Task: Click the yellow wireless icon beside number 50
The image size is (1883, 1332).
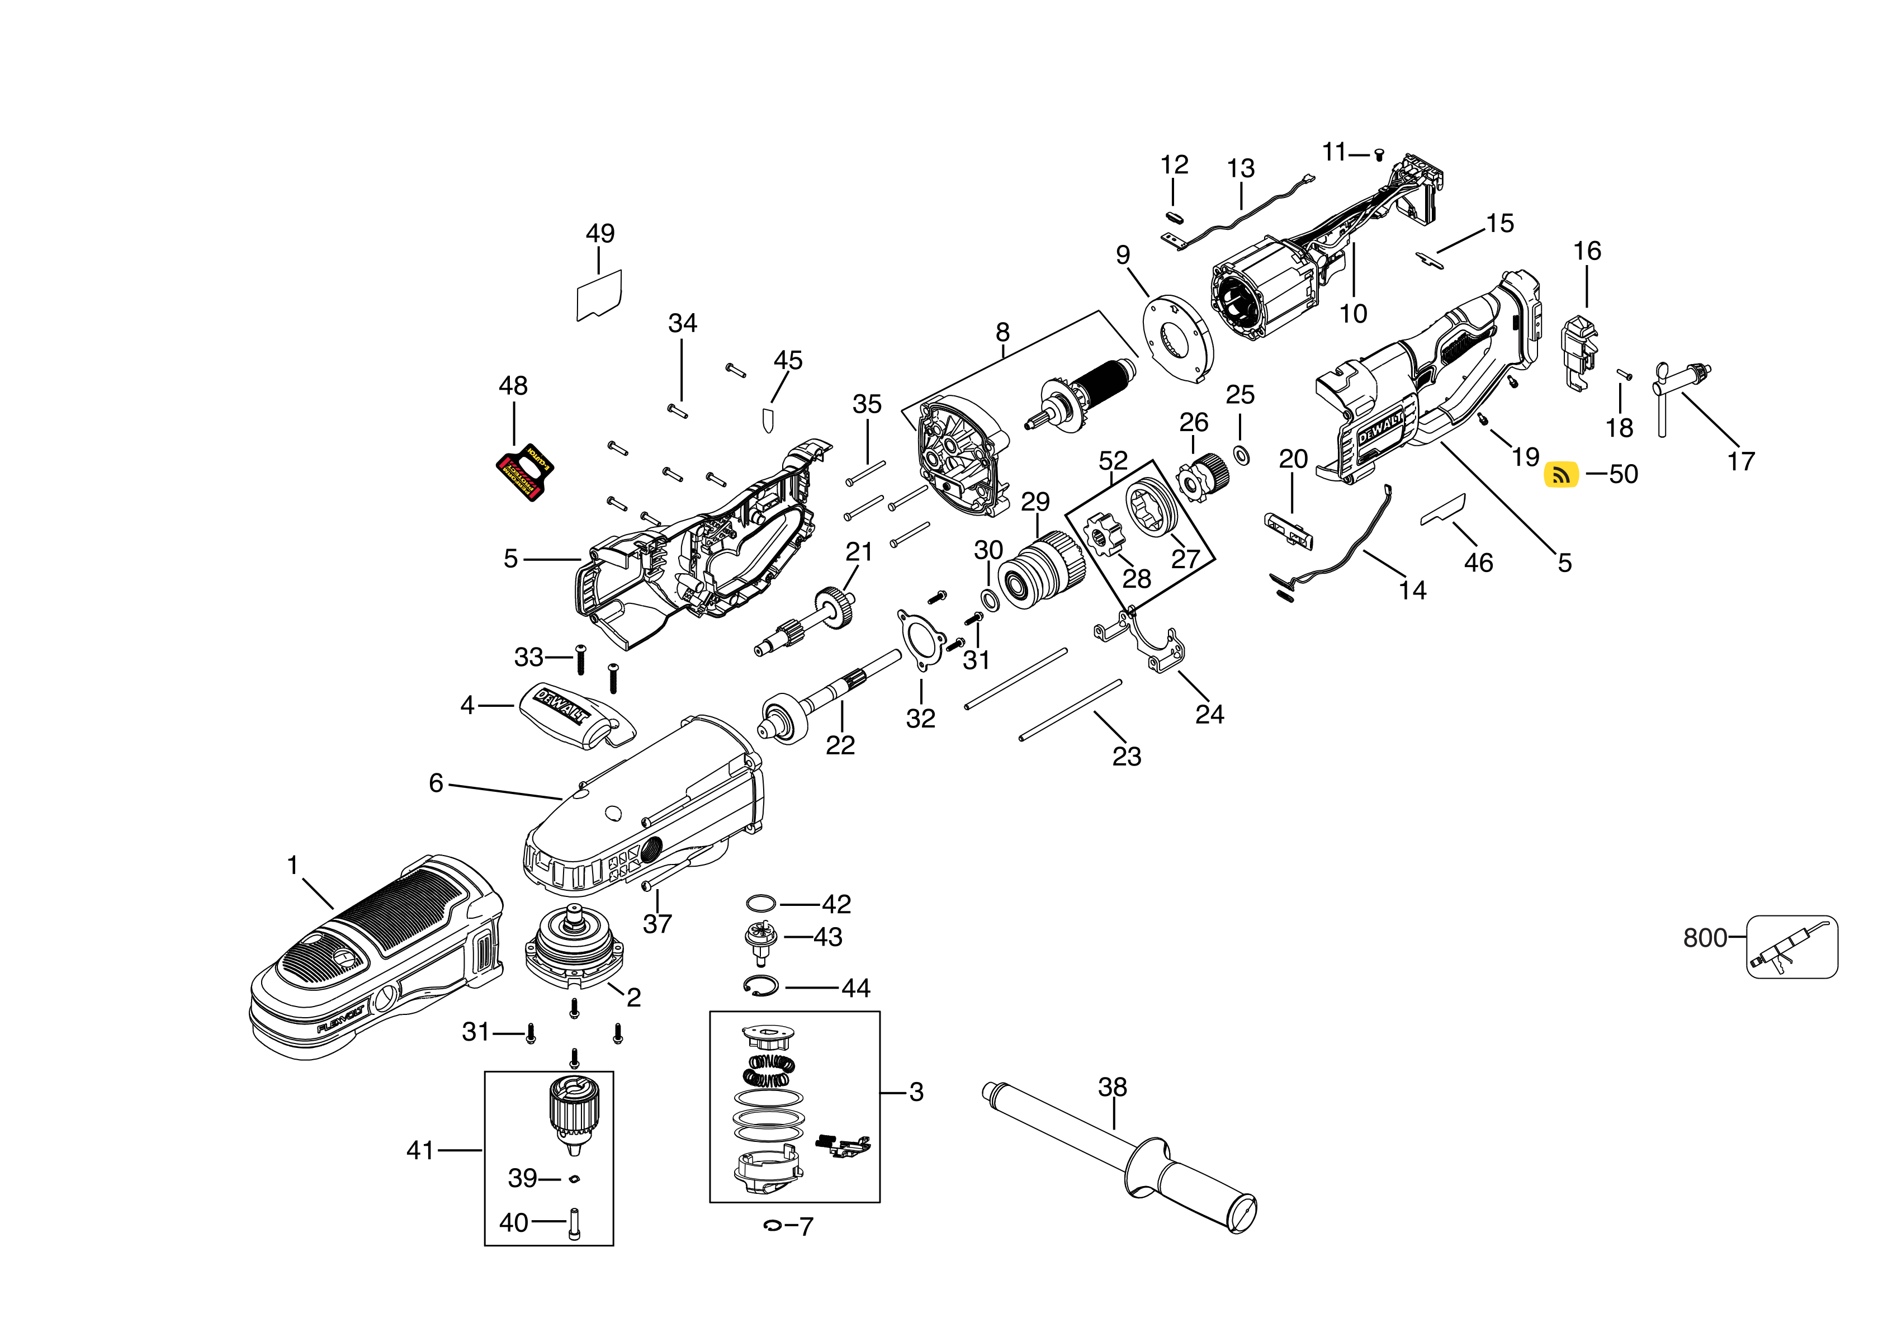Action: [x=1561, y=474]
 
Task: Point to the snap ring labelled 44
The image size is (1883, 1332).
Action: [x=761, y=986]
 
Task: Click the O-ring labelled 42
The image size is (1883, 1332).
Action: [x=761, y=903]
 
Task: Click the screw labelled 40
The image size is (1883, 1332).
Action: [x=574, y=1224]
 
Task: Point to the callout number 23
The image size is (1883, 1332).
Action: [x=1126, y=756]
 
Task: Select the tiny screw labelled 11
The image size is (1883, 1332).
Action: [x=1379, y=154]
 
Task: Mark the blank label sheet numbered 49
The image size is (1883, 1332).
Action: [x=599, y=296]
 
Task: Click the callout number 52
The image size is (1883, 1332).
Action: [x=1113, y=460]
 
